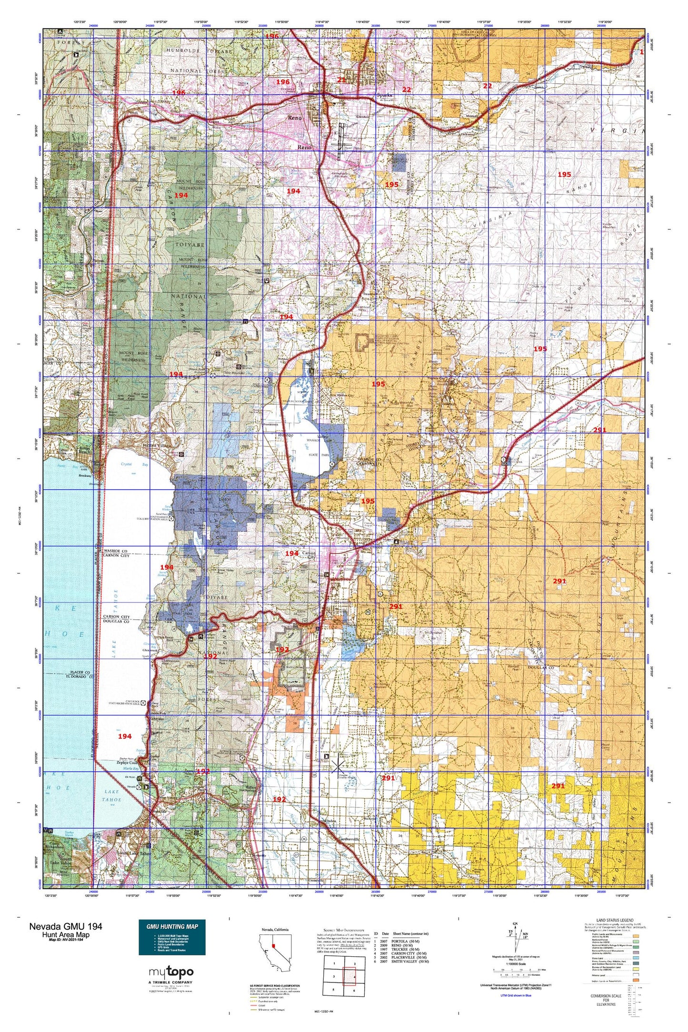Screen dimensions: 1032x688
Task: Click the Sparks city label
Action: tap(384, 95)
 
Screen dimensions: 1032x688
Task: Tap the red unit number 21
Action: tap(341, 80)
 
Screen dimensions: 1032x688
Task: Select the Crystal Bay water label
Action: tap(126, 464)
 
